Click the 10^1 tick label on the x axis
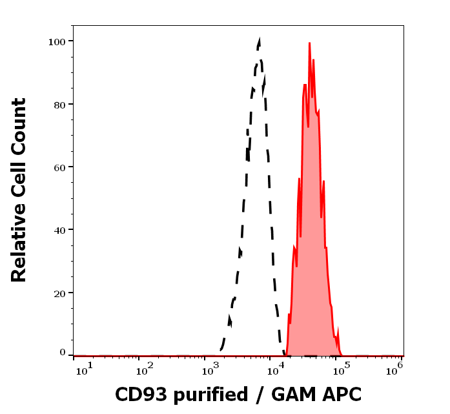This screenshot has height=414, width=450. (x=84, y=368)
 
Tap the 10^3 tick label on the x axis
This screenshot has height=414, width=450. (x=211, y=368)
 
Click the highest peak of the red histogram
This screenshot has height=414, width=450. (x=310, y=43)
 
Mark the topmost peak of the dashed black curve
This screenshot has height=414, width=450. (x=259, y=40)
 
